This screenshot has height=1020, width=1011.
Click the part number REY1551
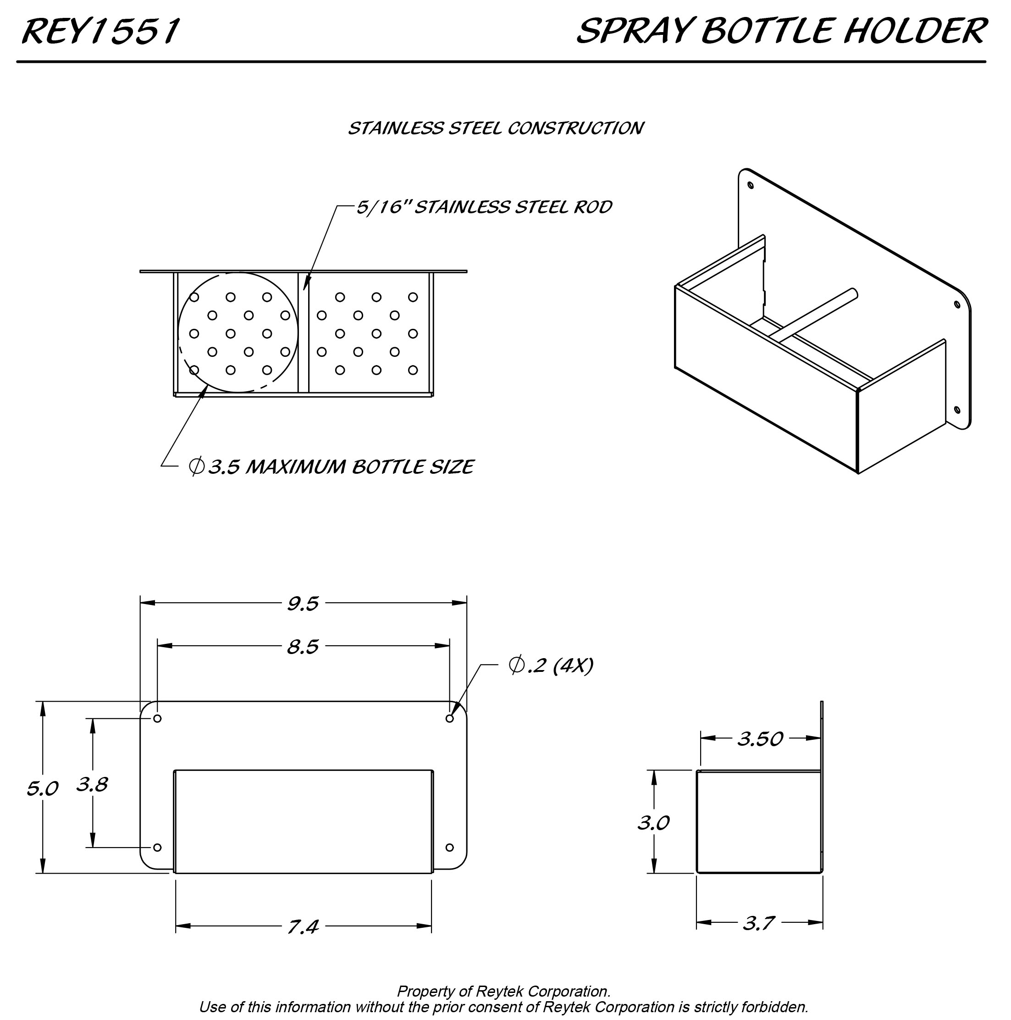point(100,31)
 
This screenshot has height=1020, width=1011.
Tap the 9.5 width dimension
point(303,604)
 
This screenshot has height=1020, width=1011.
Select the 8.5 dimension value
point(303,647)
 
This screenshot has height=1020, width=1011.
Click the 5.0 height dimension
point(42,789)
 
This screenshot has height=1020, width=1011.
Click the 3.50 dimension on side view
point(760,738)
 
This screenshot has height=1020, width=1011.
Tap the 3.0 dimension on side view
point(653,822)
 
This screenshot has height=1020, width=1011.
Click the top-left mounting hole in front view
point(157,719)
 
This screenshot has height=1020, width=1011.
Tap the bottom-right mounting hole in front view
point(449,848)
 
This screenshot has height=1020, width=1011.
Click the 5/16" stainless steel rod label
point(484,207)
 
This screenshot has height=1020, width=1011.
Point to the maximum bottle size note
point(331,467)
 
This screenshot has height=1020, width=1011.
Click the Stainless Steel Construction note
point(495,128)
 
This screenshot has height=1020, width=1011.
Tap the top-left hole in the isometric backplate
point(750,185)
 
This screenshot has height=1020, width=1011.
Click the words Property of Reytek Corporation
point(503,991)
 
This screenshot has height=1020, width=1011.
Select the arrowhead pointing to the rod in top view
point(306,284)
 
